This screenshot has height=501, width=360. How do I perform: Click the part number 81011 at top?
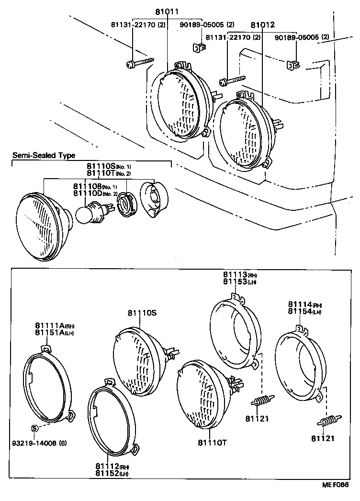coord(166,11)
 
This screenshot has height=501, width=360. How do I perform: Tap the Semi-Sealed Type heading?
coord(44,155)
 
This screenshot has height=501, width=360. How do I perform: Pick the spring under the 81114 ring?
coord(328,421)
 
